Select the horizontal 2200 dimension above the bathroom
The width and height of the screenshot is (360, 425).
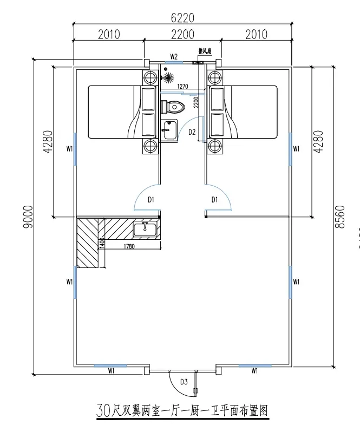[182, 35]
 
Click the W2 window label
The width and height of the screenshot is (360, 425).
[174, 56]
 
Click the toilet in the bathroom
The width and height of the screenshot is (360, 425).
[172, 105]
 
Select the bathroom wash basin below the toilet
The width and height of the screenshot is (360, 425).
[169, 128]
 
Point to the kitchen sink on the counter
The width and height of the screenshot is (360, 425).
[145, 229]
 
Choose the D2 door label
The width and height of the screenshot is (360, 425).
[192, 132]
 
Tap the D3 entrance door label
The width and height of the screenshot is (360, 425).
[184, 382]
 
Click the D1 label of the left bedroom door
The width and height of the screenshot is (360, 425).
[151, 200]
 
